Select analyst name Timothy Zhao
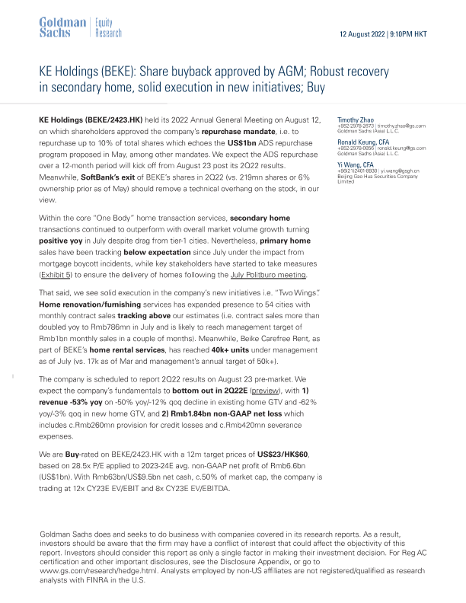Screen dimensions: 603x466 click(354, 120)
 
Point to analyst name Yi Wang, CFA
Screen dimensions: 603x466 click(355, 164)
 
